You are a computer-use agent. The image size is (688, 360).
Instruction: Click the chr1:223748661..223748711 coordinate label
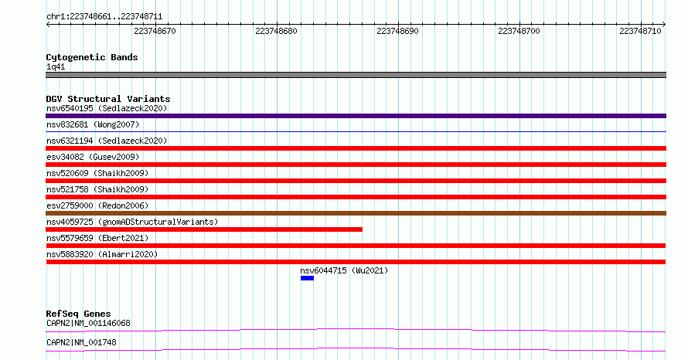pos(104,17)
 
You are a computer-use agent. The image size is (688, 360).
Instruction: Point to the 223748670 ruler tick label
pos(155,31)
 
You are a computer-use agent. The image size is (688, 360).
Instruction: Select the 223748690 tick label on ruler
pos(397,31)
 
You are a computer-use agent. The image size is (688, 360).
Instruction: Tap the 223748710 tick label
pos(640,31)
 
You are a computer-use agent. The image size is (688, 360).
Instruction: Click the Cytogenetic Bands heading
pos(92,57)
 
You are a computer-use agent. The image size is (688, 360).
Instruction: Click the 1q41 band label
pos(56,66)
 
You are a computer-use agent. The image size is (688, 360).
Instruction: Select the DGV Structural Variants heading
pos(108,99)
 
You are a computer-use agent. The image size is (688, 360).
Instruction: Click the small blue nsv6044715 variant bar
pos(307,278)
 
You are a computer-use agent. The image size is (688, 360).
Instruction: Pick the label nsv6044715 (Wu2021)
pos(344,270)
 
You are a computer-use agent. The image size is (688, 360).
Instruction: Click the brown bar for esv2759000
pos(356,213)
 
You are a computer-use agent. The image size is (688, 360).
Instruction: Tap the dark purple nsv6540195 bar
pos(356,116)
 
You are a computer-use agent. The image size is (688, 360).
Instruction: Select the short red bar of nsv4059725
pos(204,229)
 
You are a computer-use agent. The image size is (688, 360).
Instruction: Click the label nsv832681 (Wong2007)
pos(93,124)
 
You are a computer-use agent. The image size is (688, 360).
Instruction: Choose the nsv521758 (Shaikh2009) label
pos(97,189)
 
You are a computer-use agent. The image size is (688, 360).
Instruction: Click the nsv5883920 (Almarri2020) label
pos(102,254)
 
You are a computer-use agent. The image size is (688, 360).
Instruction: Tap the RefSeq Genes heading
pos(79,314)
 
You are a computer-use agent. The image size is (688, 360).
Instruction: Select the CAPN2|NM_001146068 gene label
pos(88,323)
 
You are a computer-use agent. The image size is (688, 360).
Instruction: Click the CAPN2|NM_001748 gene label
pos(82,342)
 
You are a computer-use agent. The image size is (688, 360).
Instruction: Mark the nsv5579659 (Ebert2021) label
pos(97,238)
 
